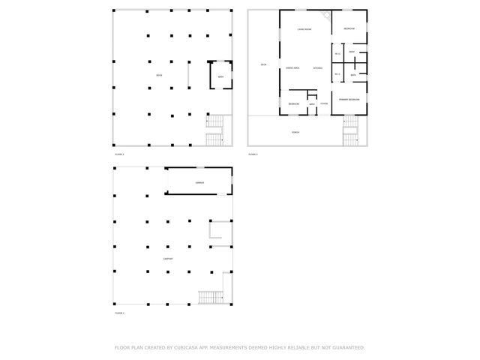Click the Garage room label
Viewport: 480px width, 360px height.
pos(199,182)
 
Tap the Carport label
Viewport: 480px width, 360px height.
pos(169,259)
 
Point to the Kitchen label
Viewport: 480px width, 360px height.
pos(318,68)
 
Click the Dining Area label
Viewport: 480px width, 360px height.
pos(293,68)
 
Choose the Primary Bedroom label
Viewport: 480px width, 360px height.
pos(349,99)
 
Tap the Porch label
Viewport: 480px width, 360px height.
pos(296,131)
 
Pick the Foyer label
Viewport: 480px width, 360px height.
pos(324,103)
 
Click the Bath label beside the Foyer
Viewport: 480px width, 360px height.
pos(312,104)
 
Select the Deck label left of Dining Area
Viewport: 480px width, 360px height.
pos(263,65)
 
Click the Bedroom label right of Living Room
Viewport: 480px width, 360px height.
pos(349,28)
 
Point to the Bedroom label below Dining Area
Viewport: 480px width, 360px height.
pos(294,103)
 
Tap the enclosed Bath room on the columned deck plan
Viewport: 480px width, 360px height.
pos(220,77)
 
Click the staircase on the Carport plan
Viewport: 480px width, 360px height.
pos(211,296)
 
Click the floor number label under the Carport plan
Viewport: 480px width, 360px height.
pos(119,313)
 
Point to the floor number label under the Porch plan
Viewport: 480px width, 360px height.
pos(253,154)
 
